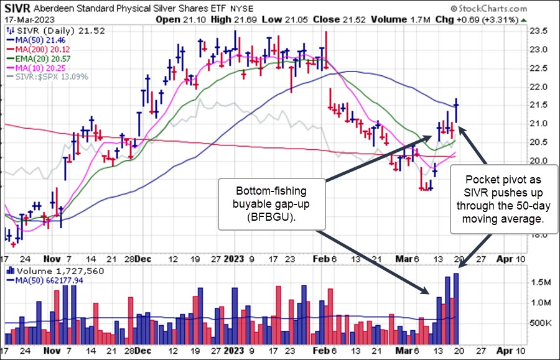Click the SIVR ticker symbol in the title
pos(17,9)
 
